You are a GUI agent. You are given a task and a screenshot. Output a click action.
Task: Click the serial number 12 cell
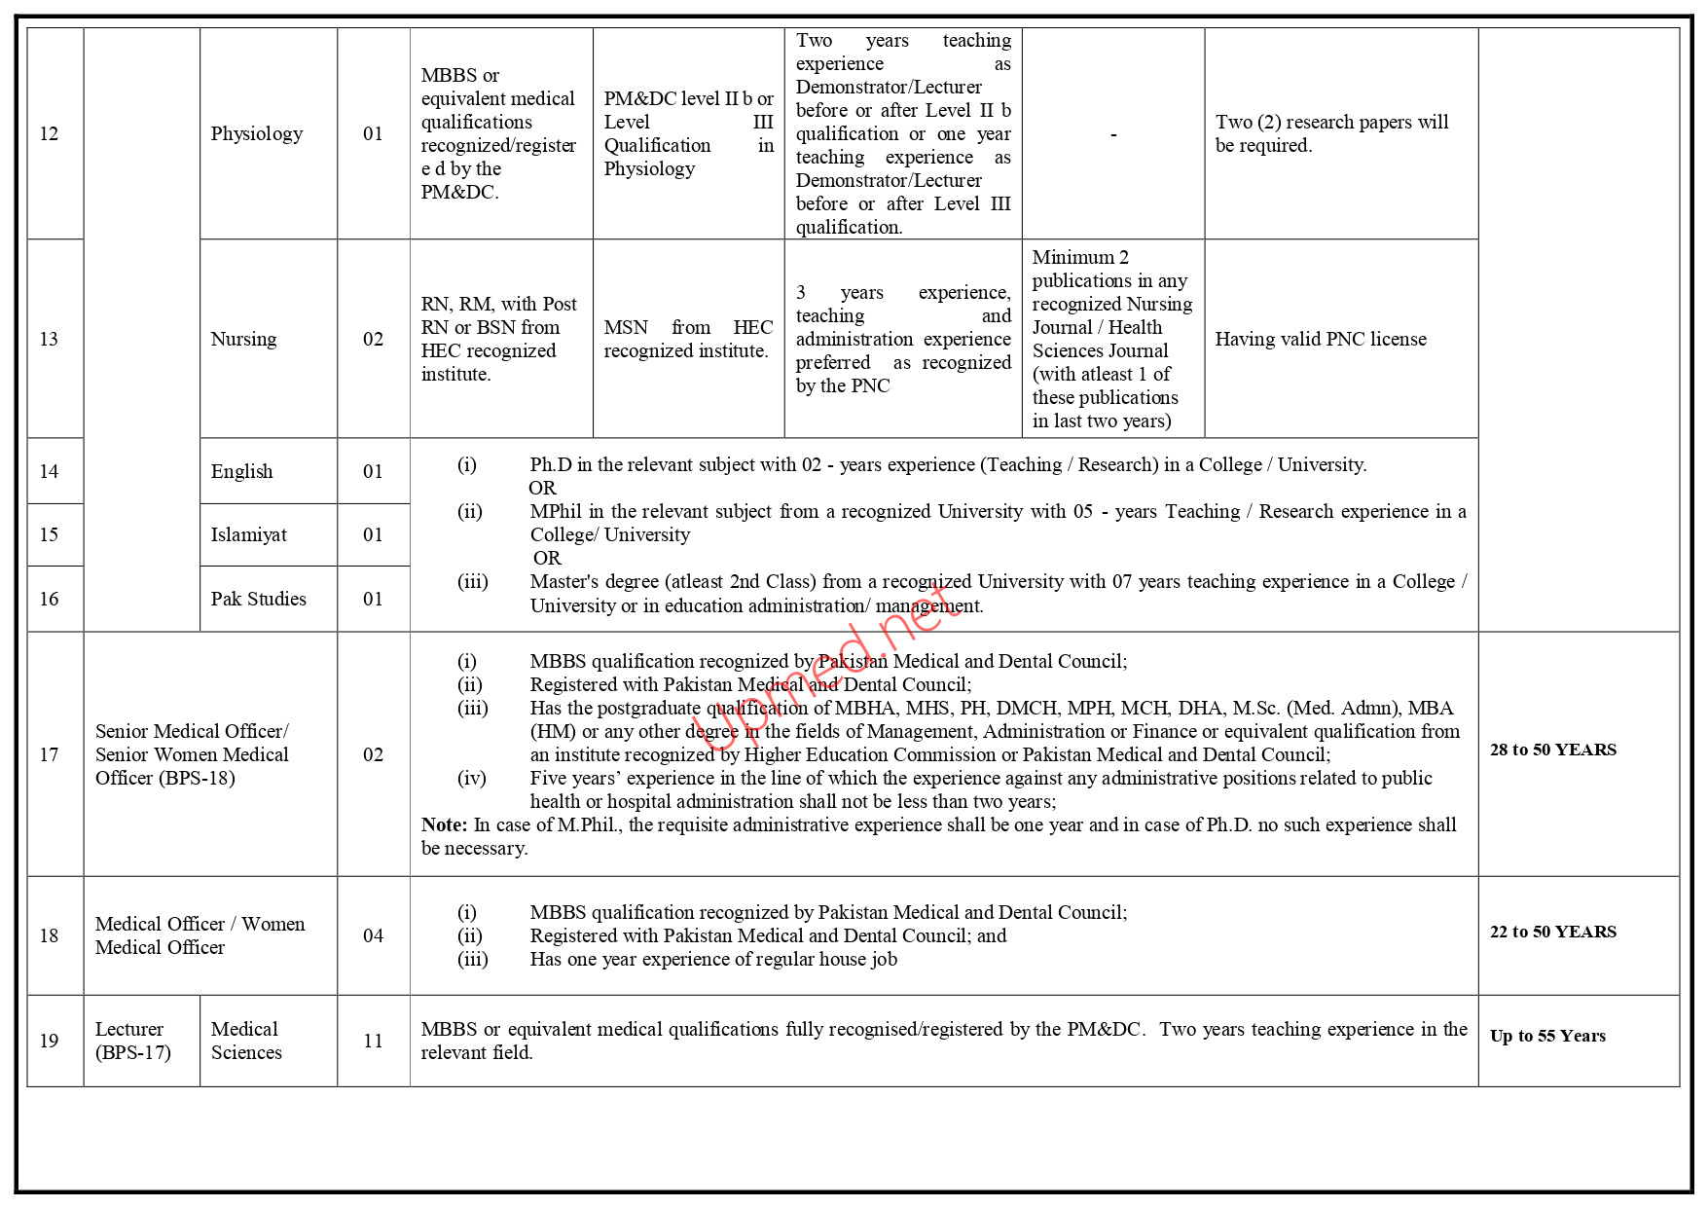[x=50, y=133]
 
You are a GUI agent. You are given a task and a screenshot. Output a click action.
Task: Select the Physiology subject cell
[x=257, y=133]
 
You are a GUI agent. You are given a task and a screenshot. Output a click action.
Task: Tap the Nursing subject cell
[x=244, y=339]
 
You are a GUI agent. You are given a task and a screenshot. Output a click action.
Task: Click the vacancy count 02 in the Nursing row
[x=373, y=339]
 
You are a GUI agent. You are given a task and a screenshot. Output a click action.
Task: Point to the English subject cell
[x=242, y=471]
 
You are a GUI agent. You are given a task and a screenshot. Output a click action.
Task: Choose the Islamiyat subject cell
[x=249, y=534]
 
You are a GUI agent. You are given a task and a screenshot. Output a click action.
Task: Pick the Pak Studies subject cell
[x=259, y=599]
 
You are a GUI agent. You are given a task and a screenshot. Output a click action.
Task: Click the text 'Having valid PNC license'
[x=1321, y=339]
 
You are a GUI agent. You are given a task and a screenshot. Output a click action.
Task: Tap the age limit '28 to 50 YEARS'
[x=1553, y=750]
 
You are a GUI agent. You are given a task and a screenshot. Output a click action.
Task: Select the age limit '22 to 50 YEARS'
[x=1553, y=932]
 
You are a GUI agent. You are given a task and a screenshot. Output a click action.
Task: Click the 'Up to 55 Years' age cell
[x=1547, y=1036]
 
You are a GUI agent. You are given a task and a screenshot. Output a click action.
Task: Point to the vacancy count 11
[x=373, y=1041]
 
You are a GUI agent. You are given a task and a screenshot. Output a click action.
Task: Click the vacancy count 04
[x=373, y=935]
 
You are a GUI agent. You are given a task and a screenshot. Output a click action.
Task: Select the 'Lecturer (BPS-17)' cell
[x=133, y=1041]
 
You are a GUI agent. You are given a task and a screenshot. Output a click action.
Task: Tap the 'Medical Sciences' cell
[x=246, y=1041]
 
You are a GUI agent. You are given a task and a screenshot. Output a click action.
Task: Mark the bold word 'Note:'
[x=445, y=824]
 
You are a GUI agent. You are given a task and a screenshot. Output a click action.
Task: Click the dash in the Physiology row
[x=1113, y=134]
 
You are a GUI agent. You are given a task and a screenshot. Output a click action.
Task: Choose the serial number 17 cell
[x=50, y=754]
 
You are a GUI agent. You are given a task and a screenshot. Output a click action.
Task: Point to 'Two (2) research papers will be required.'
[x=1331, y=133]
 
